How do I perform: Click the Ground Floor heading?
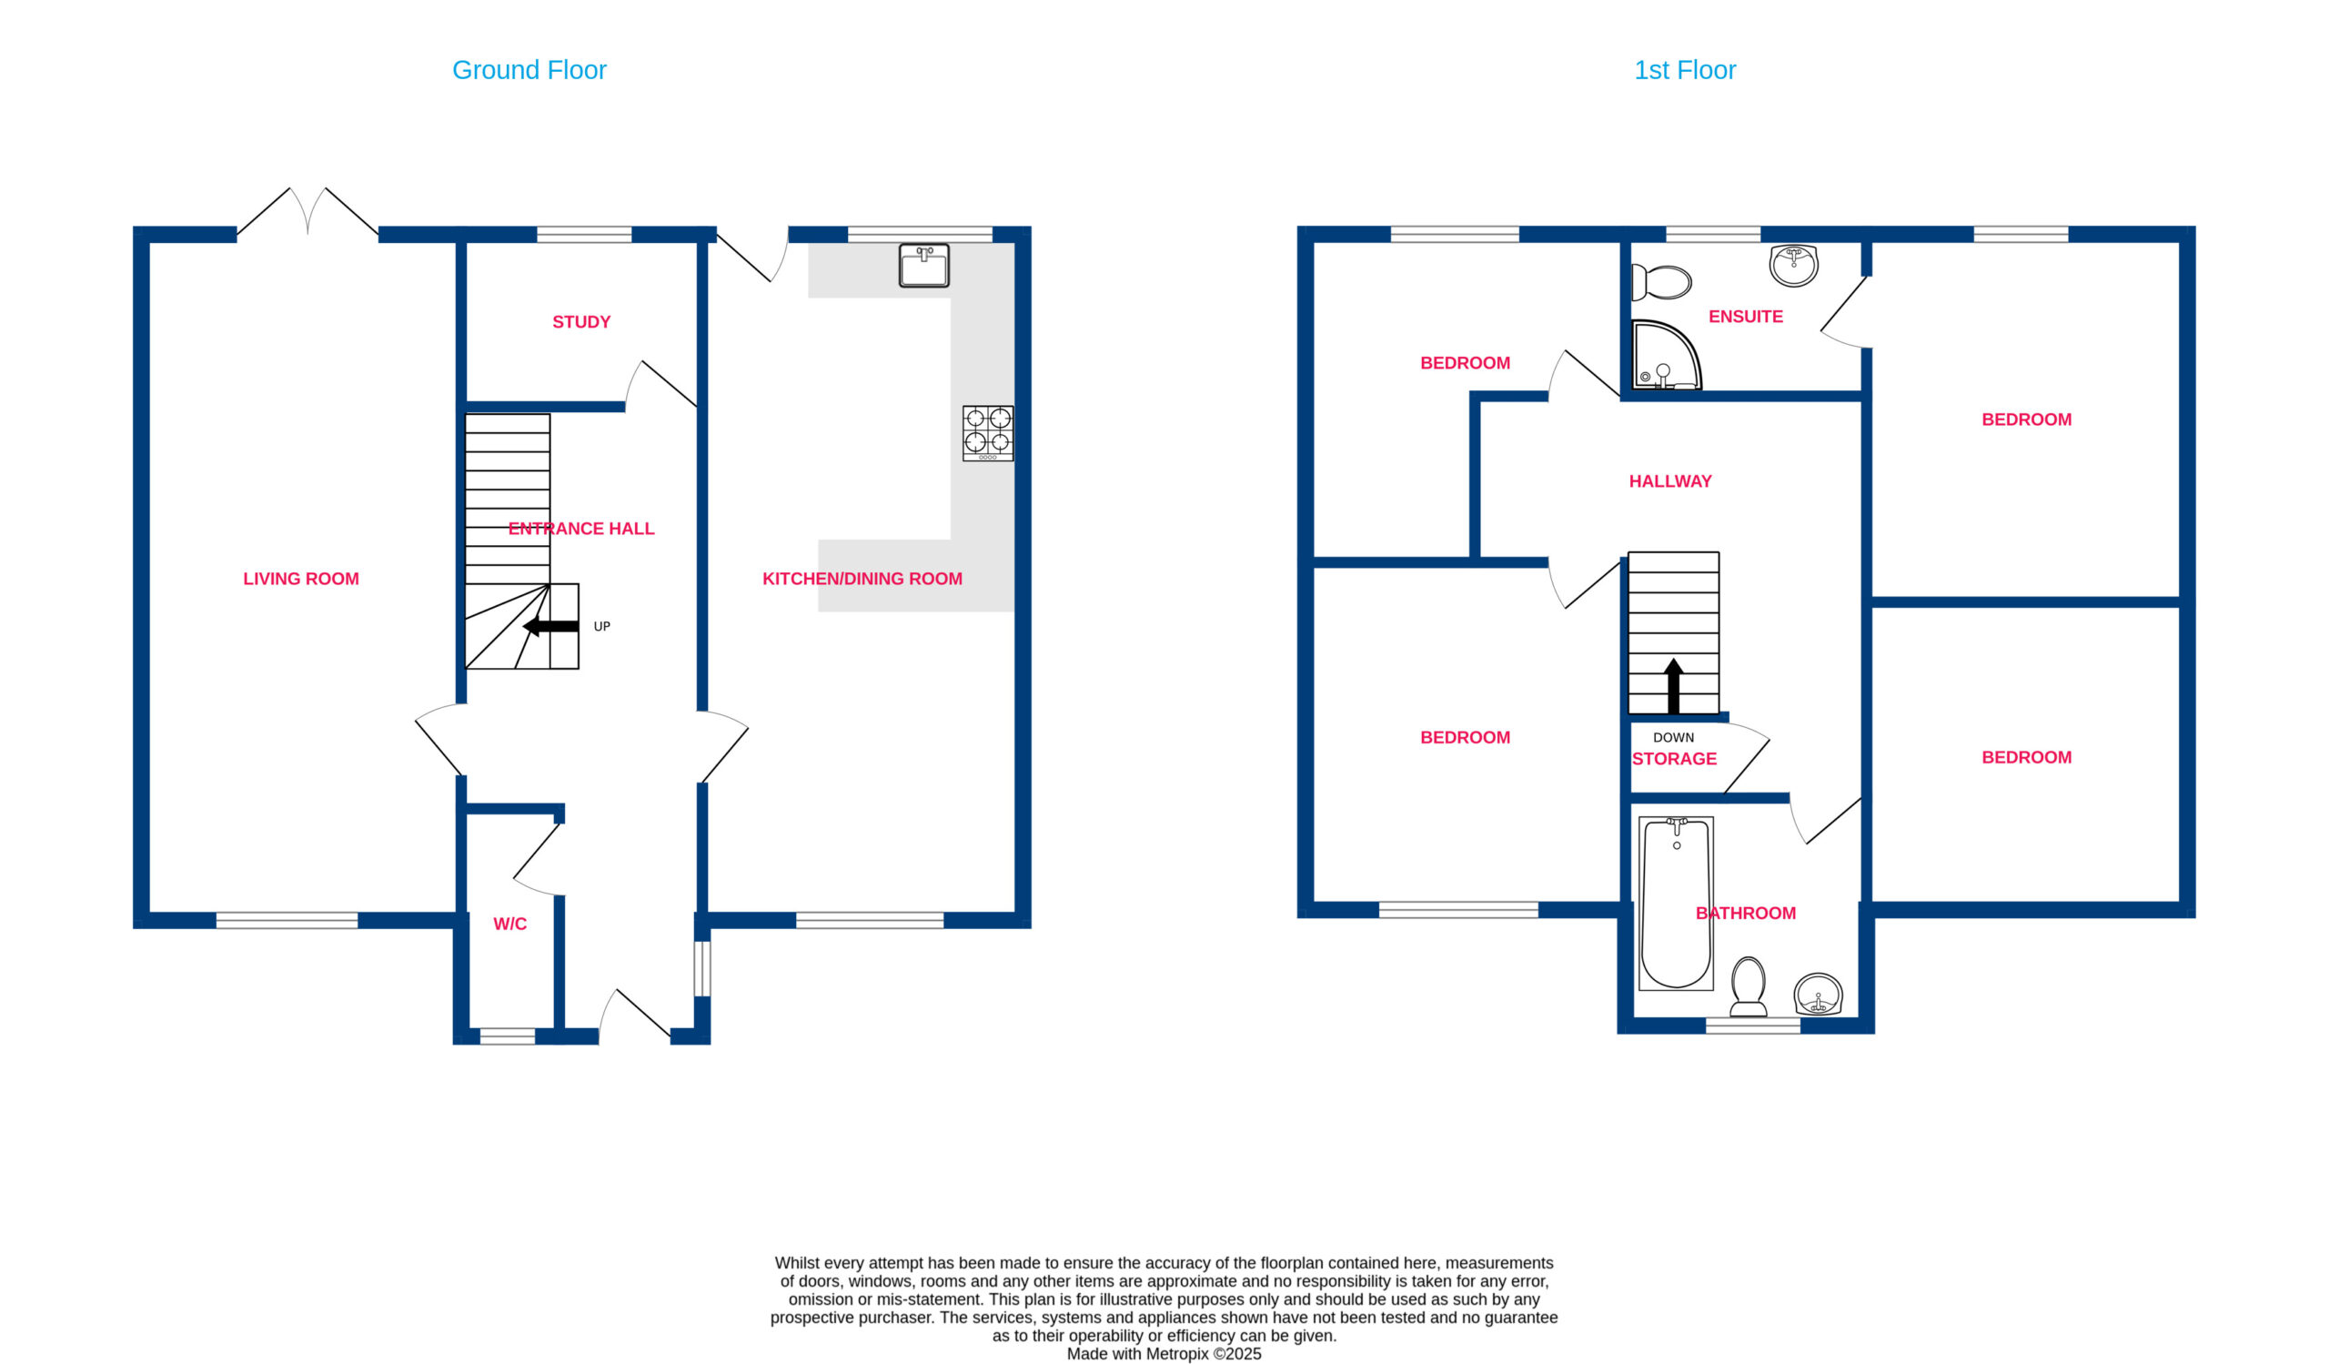[529, 70]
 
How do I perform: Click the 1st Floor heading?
[1685, 70]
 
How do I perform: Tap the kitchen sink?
[924, 265]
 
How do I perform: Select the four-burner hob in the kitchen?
[988, 433]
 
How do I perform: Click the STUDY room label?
[581, 322]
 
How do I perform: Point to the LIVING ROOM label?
[301, 580]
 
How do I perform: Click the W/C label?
[510, 924]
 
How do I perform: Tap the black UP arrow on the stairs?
[550, 627]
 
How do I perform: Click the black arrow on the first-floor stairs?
[1673, 686]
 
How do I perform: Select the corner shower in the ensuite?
[1667, 355]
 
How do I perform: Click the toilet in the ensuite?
[1662, 283]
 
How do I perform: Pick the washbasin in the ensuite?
[1794, 265]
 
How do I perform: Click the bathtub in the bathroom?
[1677, 903]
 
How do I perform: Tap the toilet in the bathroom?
[1749, 986]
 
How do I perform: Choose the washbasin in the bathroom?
[1818, 995]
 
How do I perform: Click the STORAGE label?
[1675, 760]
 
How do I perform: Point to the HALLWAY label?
[1671, 481]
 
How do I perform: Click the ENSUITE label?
[1746, 317]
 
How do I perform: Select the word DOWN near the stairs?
[1674, 737]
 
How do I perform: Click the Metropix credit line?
[1164, 1354]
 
